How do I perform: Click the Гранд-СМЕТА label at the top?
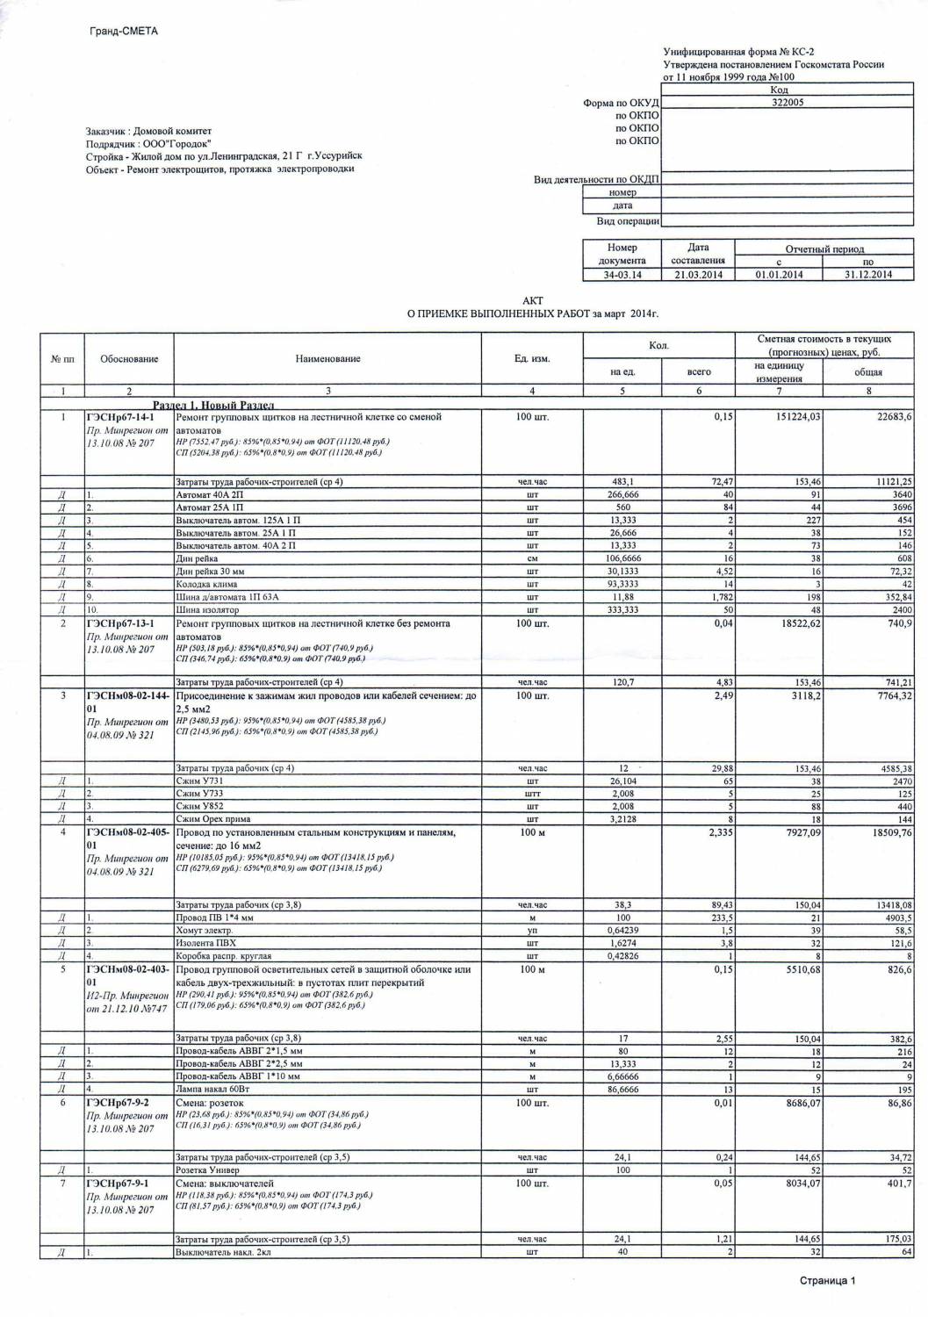(x=123, y=32)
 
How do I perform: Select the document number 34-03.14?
(x=622, y=275)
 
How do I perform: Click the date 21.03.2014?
(x=697, y=275)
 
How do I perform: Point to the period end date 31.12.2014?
(x=867, y=275)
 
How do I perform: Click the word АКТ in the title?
(x=532, y=300)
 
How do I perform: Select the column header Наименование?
(x=327, y=358)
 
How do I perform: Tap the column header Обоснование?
(x=129, y=358)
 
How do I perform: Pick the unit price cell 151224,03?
(x=793, y=417)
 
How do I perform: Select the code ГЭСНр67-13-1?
(x=120, y=623)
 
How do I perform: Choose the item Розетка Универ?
(x=207, y=1170)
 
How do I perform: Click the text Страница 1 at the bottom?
(x=826, y=1281)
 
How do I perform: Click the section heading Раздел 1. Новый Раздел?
(x=213, y=405)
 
